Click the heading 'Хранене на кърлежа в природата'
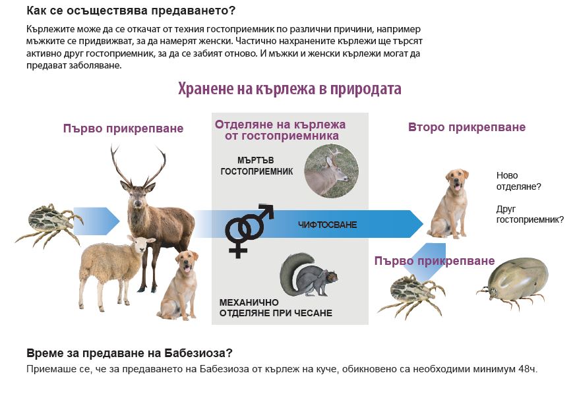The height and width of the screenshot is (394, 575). coord(289,89)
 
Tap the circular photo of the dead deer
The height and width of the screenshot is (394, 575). coord(332,171)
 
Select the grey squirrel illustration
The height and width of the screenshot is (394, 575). coord(307,275)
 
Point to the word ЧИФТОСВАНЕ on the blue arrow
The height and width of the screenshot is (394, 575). coord(327,225)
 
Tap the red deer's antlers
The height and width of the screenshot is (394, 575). coord(138,165)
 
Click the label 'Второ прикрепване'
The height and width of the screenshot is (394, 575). coord(466,127)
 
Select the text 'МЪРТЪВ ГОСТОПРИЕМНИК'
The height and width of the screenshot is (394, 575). coord(257,165)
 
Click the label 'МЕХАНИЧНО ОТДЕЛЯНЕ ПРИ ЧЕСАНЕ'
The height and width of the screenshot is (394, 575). coord(276,308)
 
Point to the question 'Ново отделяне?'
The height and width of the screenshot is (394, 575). coord(518,181)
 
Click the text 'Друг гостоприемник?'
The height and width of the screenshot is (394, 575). coord(530,214)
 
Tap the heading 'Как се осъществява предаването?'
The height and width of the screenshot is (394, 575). coord(131,11)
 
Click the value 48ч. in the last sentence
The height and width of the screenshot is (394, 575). coord(528,369)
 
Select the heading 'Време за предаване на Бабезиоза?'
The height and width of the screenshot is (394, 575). coord(129,353)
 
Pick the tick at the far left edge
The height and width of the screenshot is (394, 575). coord(48,223)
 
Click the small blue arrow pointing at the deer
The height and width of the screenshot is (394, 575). coord(96,221)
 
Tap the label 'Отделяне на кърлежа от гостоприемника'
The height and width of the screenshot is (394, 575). coord(280,130)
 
